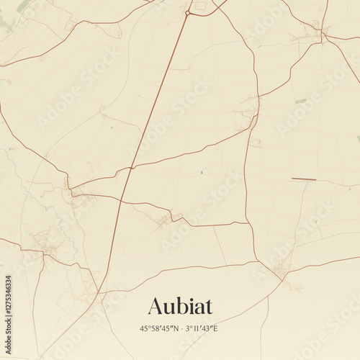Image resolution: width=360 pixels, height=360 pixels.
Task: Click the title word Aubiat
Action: point(180,307)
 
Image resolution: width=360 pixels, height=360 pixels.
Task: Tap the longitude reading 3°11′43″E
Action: point(201,329)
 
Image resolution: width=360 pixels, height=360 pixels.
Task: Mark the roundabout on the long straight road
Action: point(188,12)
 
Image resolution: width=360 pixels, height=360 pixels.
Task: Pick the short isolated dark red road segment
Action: point(303,179)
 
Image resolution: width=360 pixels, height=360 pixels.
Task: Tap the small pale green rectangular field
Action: point(300,101)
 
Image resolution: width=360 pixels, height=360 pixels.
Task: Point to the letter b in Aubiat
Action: point(181,307)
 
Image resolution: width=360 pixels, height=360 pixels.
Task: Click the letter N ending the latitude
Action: point(174,329)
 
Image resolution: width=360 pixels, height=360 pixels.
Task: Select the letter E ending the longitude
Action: point(217,329)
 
